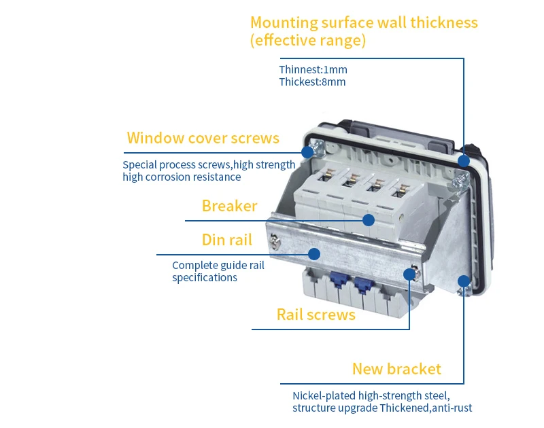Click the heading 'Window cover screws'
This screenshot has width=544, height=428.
[203, 139]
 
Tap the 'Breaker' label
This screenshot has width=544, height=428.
[229, 206]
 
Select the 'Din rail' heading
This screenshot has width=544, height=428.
[226, 240]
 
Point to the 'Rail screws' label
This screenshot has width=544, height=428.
[316, 315]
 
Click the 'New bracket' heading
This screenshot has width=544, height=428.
[396, 369]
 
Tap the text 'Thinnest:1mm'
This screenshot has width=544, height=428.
[313, 69]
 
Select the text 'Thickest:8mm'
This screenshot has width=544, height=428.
[312, 82]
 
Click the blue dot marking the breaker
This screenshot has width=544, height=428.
[369, 219]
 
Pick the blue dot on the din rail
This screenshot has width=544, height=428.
[314, 253]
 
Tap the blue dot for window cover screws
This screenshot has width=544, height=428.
[307, 152]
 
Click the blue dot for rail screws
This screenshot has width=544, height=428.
[409, 274]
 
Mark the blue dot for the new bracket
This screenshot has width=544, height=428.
[463, 281]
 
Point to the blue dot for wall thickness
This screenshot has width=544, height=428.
[463, 160]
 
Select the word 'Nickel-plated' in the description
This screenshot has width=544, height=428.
[324, 395]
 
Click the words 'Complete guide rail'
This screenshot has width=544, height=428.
[218, 265]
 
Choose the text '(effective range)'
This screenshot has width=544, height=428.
[308, 41]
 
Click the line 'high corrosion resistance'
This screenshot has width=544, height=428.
[182, 177]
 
